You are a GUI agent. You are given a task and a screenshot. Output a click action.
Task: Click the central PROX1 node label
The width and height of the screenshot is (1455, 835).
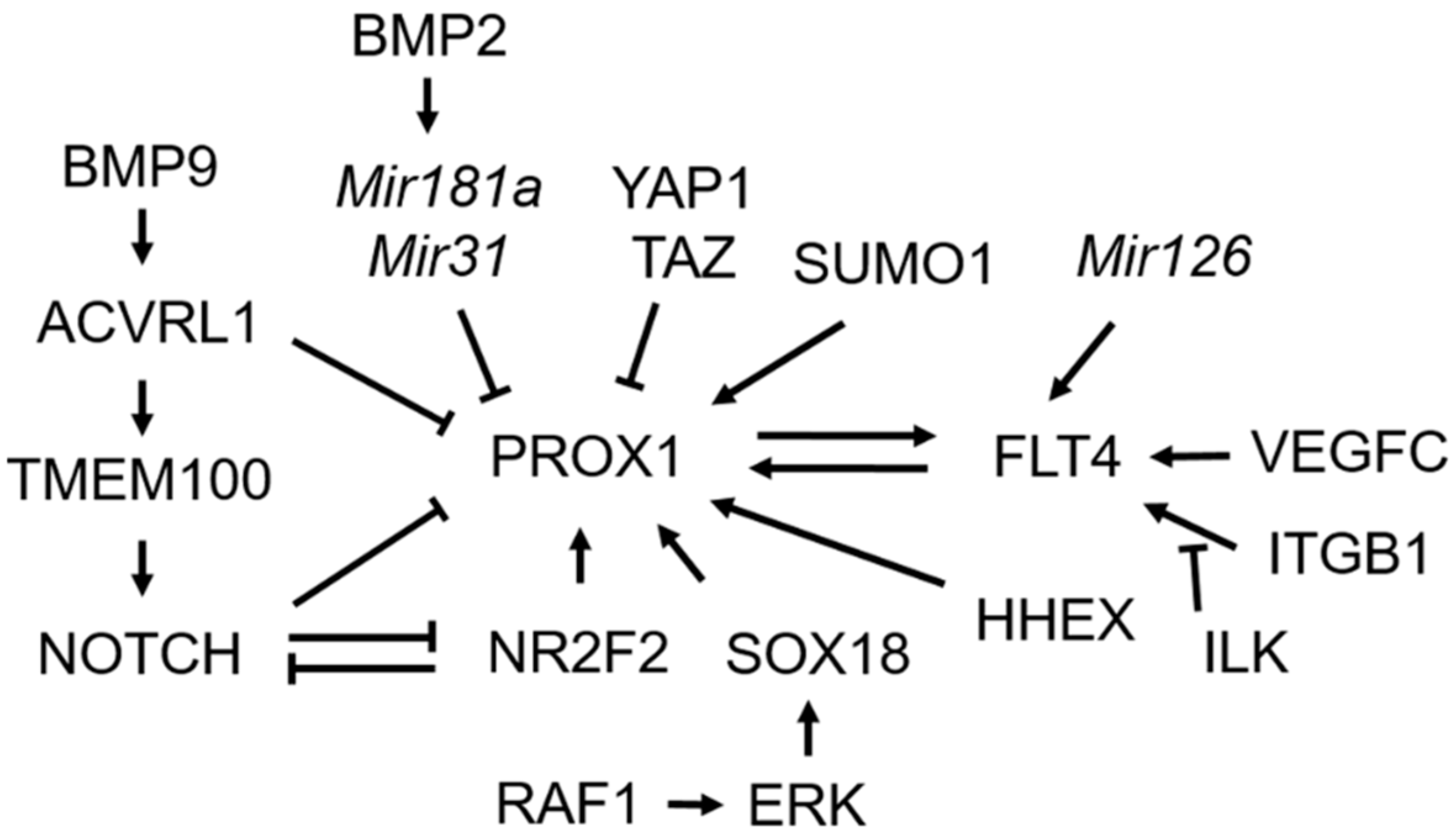585,457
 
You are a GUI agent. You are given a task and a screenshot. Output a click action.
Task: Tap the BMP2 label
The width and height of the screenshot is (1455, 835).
429,38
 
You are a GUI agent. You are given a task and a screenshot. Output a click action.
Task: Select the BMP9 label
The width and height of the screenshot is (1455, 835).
141,168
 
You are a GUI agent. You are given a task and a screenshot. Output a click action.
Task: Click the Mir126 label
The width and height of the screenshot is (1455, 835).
1164,257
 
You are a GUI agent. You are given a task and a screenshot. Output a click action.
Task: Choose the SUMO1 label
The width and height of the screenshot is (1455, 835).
892,265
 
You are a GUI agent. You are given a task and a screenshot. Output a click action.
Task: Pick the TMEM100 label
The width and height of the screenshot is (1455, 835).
139,479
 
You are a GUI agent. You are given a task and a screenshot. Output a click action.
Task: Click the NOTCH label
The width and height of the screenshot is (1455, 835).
139,654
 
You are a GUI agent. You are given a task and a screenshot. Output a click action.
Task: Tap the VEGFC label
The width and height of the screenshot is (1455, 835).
1348,452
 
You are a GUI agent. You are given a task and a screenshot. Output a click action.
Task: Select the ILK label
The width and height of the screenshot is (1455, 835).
1246,651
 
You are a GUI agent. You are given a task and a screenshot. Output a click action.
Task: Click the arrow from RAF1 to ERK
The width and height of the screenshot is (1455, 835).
695,804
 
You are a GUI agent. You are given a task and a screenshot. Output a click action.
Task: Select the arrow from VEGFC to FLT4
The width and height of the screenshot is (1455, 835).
1190,457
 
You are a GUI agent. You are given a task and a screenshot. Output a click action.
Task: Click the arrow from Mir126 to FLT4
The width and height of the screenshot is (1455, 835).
1082,361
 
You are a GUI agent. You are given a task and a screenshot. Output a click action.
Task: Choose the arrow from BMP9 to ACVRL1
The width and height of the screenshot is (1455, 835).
142,236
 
